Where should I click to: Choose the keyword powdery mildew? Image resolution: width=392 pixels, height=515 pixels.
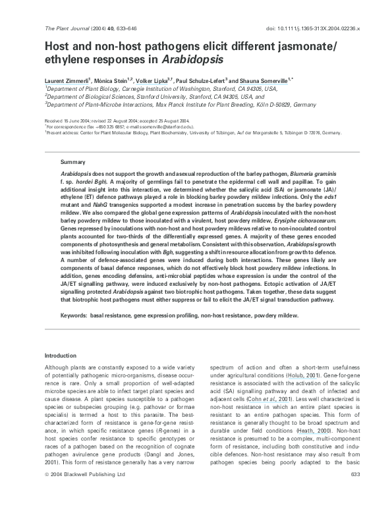(x=278, y=315)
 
